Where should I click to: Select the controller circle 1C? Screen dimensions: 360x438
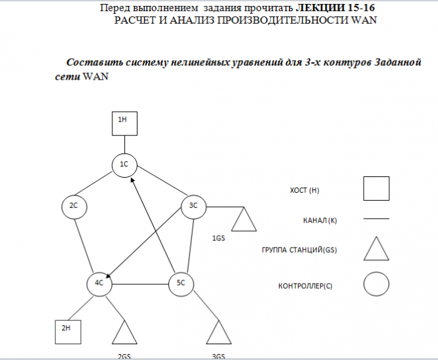[124, 164]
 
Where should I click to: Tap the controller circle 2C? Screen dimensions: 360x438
[74, 207]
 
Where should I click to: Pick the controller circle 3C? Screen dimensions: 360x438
[193, 207]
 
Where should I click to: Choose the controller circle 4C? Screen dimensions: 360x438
[99, 283]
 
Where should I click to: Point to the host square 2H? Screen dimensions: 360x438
[66, 331]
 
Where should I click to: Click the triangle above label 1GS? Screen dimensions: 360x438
[244, 220]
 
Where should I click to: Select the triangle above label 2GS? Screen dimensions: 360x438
[124, 334]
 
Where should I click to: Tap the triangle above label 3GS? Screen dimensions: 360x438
[219, 334]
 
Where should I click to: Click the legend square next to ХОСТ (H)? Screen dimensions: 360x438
[376, 189]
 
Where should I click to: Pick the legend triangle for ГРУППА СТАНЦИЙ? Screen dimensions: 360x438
[376, 250]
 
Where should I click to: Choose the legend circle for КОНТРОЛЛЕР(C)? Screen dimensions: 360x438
[376, 285]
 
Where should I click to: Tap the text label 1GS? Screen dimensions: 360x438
[219, 237]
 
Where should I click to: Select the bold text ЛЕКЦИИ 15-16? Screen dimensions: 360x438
[341, 9]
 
